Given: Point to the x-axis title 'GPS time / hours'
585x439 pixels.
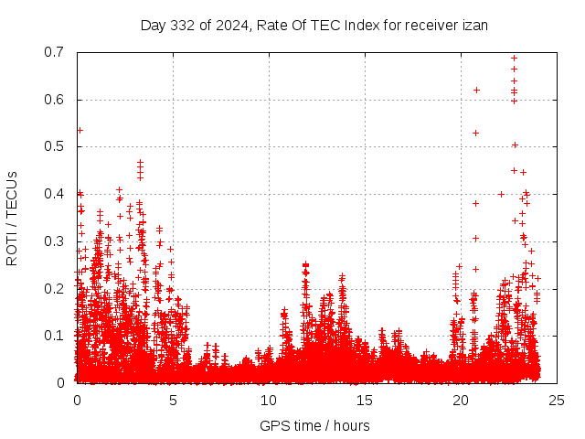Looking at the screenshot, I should (x=315, y=425).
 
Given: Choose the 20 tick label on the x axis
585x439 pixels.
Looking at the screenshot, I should (x=460, y=400).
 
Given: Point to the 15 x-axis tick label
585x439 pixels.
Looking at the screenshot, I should (x=364, y=400).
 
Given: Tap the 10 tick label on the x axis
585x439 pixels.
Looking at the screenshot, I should (x=268, y=400).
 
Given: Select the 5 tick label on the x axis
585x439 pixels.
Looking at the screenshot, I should (x=173, y=400).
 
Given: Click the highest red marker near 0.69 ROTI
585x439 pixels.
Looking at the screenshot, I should (x=514, y=58).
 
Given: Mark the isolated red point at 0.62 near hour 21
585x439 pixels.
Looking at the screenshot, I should (x=477, y=90).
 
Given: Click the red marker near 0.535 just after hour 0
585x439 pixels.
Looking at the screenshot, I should (x=80, y=130).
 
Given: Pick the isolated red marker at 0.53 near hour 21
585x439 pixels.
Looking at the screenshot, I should (x=475, y=133).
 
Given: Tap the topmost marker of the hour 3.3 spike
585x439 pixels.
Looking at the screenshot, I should (x=140, y=163).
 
